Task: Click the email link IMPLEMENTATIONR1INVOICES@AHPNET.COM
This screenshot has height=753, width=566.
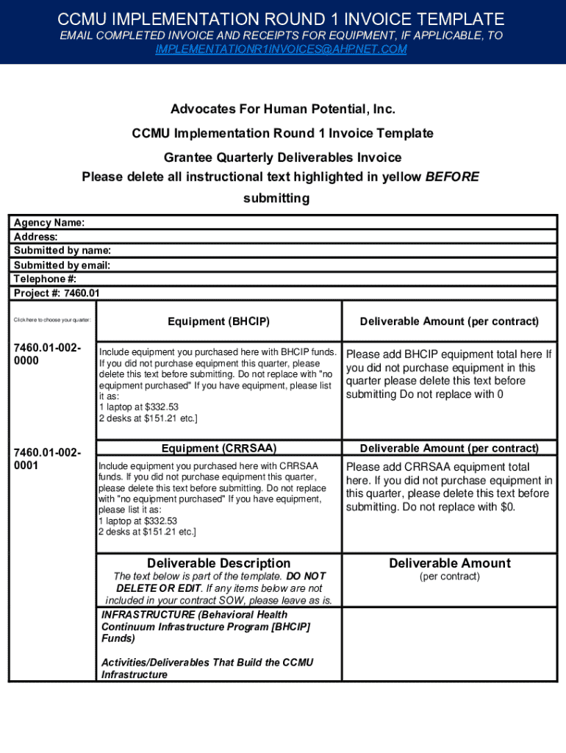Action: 282,49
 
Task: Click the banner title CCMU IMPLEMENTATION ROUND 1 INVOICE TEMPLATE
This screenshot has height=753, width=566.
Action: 282,19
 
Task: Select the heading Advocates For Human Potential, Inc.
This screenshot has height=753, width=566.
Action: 283,110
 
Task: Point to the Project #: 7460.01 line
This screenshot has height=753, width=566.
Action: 57,293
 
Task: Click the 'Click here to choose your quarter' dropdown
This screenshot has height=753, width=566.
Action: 51,320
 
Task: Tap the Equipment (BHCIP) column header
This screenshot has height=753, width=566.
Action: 218,321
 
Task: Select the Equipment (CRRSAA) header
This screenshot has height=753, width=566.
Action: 218,448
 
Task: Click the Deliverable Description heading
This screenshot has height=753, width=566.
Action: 218,563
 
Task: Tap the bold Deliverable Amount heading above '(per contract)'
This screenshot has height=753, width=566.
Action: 449,563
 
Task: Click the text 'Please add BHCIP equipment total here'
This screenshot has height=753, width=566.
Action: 444,354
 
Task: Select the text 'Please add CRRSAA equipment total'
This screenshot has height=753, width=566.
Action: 437,467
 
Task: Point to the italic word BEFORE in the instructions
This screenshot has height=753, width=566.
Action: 452,177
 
